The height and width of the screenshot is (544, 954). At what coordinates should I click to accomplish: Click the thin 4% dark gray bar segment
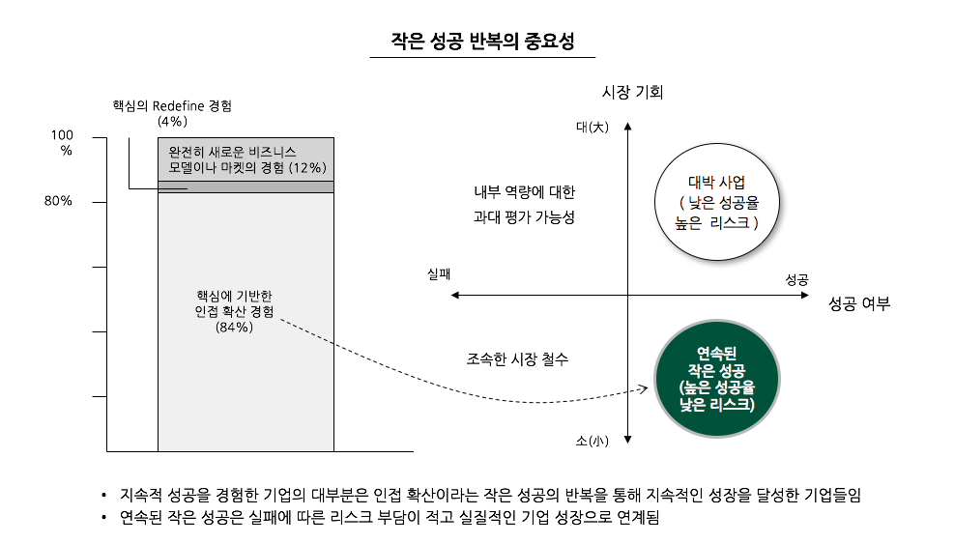[x=246, y=186]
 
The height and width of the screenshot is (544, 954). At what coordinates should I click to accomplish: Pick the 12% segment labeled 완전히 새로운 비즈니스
[x=246, y=159]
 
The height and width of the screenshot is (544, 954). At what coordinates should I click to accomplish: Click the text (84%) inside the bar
[x=234, y=328]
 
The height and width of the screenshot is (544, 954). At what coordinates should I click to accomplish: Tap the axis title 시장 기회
[x=632, y=93]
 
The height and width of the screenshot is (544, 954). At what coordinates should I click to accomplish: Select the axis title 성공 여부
[x=858, y=303]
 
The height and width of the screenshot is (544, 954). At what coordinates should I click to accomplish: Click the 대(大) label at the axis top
[x=592, y=127]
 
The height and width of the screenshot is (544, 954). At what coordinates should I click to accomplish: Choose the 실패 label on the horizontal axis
[x=440, y=274]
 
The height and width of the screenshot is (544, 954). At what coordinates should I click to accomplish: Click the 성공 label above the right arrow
[x=796, y=279]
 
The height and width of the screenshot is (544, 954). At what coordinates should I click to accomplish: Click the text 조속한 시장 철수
[x=517, y=359]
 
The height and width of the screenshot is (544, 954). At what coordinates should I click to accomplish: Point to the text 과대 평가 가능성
[x=524, y=217]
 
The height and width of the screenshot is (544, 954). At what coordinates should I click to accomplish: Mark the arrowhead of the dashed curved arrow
[x=643, y=390]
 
